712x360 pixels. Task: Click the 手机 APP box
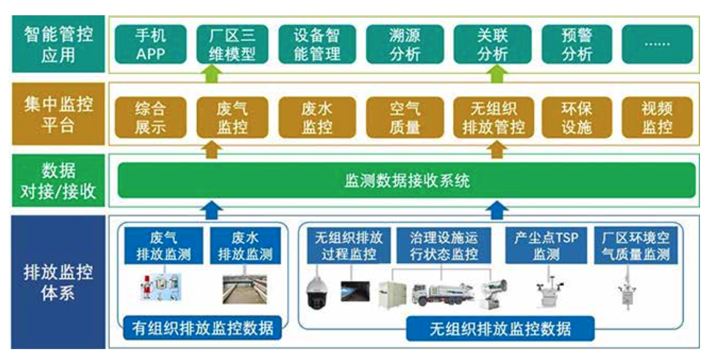[150, 45]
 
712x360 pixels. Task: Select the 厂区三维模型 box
[232, 45]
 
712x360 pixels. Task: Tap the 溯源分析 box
[405, 45]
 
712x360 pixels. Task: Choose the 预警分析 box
[576, 45]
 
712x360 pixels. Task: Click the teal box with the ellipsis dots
[657, 45]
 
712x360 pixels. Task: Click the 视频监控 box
[657, 117]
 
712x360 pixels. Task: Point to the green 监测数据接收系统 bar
[407, 181]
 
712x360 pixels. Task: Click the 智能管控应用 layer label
[58, 45]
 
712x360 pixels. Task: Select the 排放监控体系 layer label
[58, 282]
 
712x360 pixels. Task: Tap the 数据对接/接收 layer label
[58, 181]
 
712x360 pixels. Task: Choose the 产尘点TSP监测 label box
[546, 245]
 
